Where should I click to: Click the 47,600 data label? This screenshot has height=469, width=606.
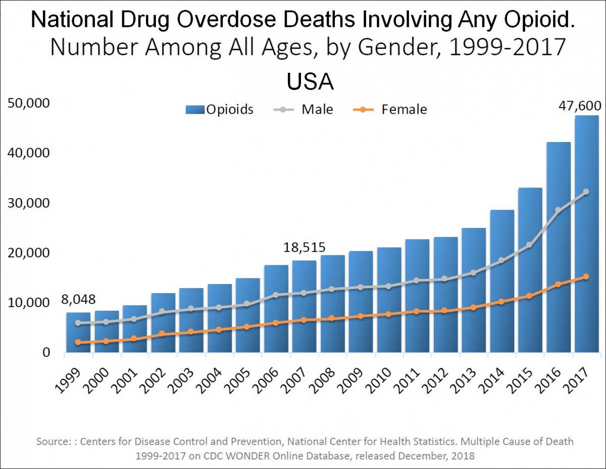coord(580,106)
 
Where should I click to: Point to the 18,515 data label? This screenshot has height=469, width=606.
coord(304,248)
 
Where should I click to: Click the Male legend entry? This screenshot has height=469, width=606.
coord(317,109)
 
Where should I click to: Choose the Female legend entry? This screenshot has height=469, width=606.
coord(404,109)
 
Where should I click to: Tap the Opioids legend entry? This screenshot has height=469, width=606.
coord(229,109)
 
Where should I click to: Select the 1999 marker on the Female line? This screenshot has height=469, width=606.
coord(78,343)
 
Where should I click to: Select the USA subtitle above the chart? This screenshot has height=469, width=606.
coord(310,82)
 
